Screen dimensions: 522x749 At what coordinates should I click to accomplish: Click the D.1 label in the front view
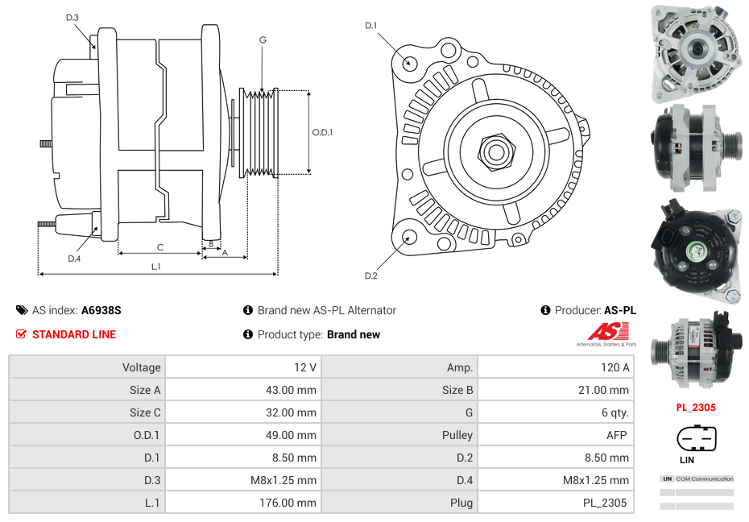coord(370,26)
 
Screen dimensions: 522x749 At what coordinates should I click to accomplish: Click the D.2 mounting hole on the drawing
coord(409,237)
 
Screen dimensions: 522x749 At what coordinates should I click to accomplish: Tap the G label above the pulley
coord(263,39)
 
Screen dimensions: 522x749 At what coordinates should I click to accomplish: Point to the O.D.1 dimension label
coord(322,132)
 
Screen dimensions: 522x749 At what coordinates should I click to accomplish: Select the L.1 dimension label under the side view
coord(156,266)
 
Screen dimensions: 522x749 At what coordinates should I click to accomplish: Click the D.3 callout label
coord(72,17)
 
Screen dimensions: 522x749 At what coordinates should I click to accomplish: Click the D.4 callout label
coord(74,259)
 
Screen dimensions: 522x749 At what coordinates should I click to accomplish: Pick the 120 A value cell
coord(556,367)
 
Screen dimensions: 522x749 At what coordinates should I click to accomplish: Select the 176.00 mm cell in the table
coord(243,503)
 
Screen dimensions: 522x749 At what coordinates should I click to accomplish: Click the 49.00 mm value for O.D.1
coord(243,435)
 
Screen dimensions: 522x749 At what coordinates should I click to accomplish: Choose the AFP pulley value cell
coord(556,435)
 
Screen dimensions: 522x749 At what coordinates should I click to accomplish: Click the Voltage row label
coord(87,367)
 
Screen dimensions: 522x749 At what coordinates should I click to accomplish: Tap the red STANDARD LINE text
coord(73,334)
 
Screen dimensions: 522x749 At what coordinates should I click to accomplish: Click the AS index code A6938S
coord(101,310)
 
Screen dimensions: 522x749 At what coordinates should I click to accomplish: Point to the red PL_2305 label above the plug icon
coord(696,408)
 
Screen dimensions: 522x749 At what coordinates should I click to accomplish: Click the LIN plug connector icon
coord(696,440)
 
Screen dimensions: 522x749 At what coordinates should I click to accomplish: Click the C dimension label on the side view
coord(159,247)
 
